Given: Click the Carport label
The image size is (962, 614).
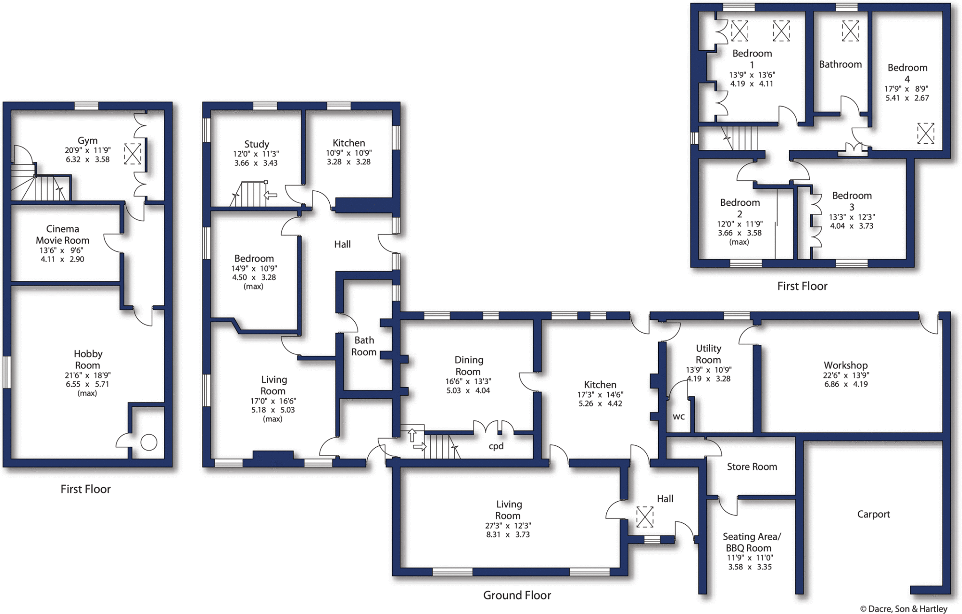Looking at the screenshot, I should [873, 514].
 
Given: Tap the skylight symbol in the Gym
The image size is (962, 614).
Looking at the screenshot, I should [132, 154].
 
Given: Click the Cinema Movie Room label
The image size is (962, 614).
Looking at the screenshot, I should [62, 234].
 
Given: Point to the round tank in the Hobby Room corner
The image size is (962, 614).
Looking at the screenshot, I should [149, 443].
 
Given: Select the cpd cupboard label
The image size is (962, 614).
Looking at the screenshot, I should [496, 446].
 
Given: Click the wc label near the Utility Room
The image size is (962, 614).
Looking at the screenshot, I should [678, 416].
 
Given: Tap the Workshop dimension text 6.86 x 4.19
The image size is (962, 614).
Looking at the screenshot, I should [846, 384].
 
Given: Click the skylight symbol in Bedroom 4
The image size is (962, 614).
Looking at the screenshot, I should [925, 133].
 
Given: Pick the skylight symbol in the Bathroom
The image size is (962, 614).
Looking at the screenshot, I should [850, 31].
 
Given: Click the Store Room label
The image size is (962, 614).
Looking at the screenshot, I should [752, 466].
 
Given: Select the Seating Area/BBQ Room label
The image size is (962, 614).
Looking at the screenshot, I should [751, 542].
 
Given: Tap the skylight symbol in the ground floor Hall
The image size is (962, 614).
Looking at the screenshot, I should [644, 517].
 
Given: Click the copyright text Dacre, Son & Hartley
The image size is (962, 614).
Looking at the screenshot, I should [903, 608].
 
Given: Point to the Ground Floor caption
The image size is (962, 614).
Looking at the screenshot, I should [517, 595].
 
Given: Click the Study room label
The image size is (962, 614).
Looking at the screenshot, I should [256, 144].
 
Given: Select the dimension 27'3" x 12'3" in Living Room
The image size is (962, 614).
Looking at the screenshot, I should [508, 526].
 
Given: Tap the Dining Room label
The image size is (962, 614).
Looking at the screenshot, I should [468, 365].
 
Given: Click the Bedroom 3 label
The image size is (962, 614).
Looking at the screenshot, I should [852, 201].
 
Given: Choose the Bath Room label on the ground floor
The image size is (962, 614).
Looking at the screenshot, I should [364, 346].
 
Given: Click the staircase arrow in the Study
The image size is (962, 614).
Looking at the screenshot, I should [271, 194].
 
